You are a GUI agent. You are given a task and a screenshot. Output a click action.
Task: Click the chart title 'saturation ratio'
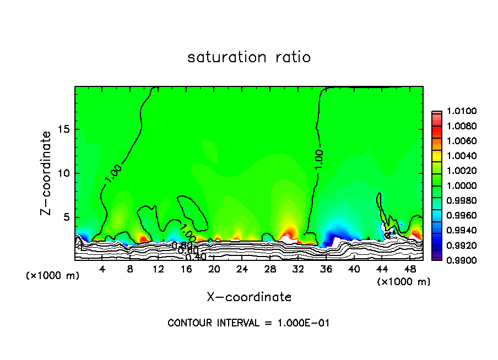point(249,57)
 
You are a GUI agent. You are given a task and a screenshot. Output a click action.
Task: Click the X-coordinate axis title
point(249,297)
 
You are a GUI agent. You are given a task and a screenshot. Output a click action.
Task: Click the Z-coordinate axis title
point(47,173)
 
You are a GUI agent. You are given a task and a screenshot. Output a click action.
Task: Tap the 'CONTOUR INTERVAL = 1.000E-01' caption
point(248,323)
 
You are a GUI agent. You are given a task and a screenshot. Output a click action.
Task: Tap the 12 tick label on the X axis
point(158,269)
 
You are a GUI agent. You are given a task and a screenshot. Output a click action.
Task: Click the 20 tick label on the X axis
point(214,269)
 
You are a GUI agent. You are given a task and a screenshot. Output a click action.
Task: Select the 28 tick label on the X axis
point(270,269)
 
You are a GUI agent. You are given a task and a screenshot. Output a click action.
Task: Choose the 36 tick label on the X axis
point(326,269)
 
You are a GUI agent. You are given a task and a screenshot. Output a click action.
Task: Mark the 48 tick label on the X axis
point(409,269)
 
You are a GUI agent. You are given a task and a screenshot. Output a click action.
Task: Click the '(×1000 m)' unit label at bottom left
point(53,276)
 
